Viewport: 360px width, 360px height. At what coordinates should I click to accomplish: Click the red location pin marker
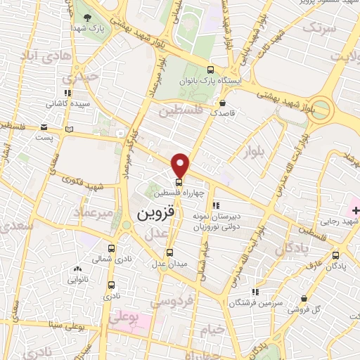tap(181, 165)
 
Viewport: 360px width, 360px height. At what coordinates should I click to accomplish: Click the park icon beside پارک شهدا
tap(87, 18)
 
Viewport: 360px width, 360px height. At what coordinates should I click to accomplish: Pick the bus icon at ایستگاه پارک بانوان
tap(211, 70)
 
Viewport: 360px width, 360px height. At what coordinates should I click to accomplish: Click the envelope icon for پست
tap(44, 127)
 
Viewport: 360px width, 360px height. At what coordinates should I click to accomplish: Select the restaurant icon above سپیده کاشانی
tap(67, 94)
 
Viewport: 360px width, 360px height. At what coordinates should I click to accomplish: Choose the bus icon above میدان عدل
tap(169, 252)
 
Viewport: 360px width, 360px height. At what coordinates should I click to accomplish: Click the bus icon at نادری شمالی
tap(112, 248)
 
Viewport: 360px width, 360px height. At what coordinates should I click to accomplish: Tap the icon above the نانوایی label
tap(77, 269)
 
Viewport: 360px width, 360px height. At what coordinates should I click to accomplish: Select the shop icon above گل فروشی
tap(304, 299)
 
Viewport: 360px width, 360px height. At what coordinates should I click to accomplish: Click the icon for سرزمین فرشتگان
tap(256, 290)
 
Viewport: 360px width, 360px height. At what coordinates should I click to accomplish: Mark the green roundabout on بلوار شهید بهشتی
tap(321, 109)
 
